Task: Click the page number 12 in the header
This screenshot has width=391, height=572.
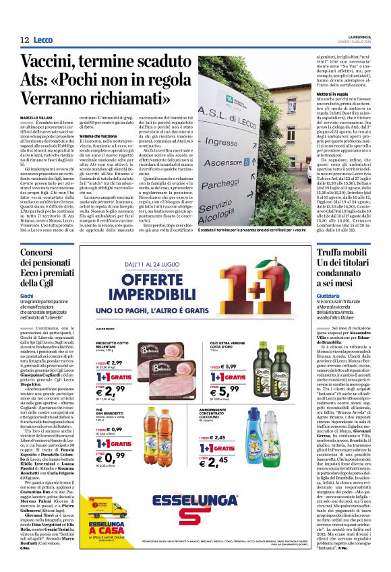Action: pos(24,40)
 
